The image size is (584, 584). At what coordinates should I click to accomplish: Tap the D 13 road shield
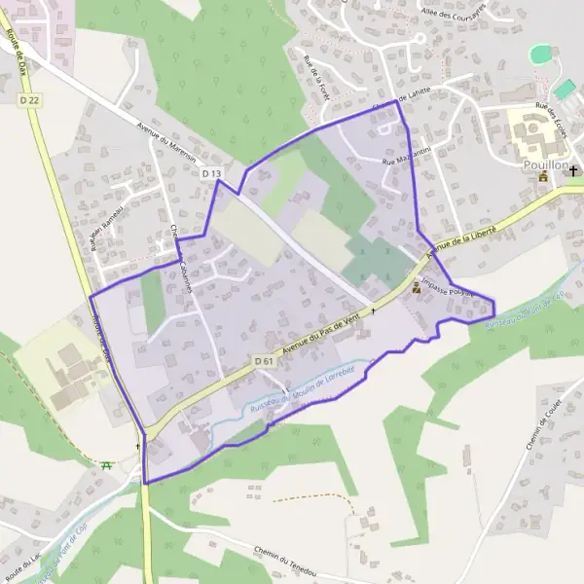(x=212, y=173)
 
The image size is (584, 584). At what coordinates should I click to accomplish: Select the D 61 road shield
(x=264, y=361)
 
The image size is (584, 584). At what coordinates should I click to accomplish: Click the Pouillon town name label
(x=544, y=165)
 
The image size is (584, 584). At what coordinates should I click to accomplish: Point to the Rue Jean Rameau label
(x=106, y=230)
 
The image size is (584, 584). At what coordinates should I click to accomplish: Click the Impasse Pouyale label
(x=449, y=290)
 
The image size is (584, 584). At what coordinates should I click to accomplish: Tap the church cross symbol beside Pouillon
(x=574, y=171)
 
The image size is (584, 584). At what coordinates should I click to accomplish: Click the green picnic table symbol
(x=106, y=465)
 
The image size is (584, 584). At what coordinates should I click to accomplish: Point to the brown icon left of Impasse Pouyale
(x=418, y=288)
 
